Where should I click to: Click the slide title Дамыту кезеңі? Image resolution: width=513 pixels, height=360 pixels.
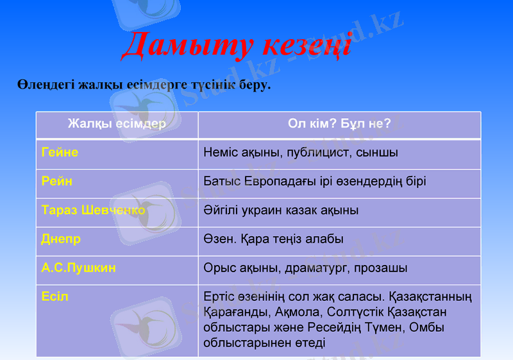[236, 45]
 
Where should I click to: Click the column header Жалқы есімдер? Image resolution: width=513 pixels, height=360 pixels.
[117, 123]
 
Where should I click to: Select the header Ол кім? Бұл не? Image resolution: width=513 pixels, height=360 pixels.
[339, 123]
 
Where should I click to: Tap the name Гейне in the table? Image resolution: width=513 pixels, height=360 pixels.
[60, 153]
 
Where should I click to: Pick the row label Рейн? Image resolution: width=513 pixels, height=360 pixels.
[56, 182]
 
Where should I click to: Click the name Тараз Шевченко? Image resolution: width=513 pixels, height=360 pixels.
[93, 210]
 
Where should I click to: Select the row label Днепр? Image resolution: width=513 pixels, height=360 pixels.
[61, 239]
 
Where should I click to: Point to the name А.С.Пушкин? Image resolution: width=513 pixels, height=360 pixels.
[78, 268]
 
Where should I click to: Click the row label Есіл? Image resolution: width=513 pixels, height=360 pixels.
[55, 297]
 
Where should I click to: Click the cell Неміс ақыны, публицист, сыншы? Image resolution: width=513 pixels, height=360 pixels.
[300, 153]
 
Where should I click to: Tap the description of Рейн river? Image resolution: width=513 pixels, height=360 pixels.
[314, 182]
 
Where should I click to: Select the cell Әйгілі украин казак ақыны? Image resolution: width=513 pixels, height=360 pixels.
[280, 210]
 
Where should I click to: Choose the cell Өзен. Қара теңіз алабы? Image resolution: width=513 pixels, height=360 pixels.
[273, 239]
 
